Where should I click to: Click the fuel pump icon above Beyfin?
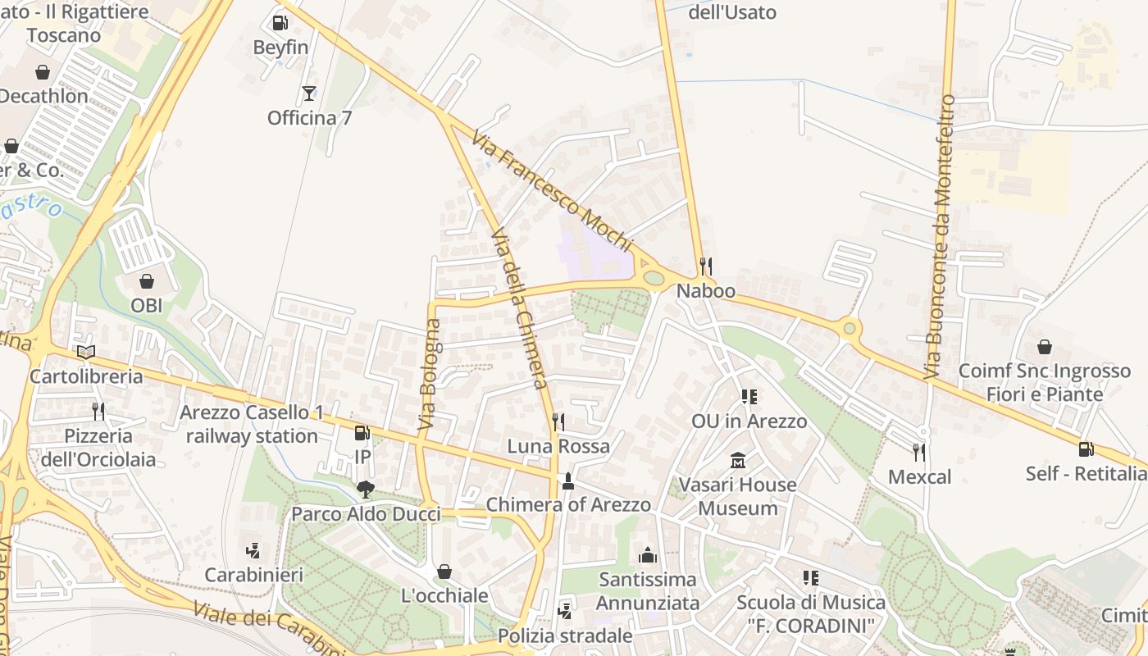280,23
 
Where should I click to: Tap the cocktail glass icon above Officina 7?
308,93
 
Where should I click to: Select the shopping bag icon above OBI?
147,281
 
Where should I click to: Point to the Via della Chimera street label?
518,310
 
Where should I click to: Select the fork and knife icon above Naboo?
705,266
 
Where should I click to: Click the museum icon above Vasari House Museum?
737,460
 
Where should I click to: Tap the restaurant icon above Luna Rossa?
558,421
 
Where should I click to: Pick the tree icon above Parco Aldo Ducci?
366,490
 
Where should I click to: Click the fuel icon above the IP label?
362,432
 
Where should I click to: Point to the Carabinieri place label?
254,574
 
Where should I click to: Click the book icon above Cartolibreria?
85,352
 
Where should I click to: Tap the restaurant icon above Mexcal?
919,452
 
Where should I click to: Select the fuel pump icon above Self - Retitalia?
1086,449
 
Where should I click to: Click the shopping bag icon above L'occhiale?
444,571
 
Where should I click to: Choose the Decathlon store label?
43,96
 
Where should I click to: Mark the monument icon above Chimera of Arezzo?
567,480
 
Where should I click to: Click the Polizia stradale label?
566,635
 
